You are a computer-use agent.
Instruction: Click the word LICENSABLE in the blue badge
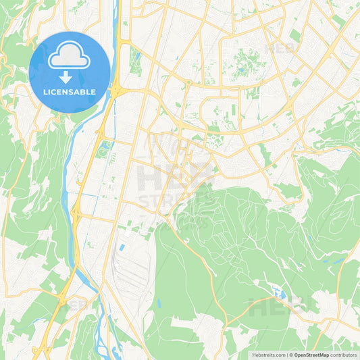pos(70,92)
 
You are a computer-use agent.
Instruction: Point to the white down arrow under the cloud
pos(70,76)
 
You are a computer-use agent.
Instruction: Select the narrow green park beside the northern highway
pos(135,61)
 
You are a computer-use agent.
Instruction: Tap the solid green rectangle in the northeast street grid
pos(295,35)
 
